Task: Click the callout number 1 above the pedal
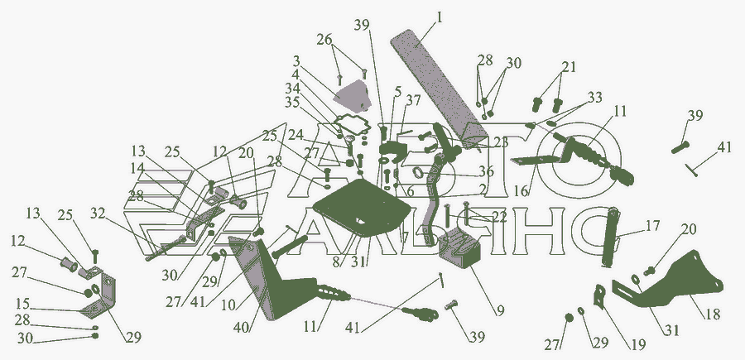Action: (440, 16)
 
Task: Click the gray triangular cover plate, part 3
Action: (356, 96)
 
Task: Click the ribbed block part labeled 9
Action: (461, 249)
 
